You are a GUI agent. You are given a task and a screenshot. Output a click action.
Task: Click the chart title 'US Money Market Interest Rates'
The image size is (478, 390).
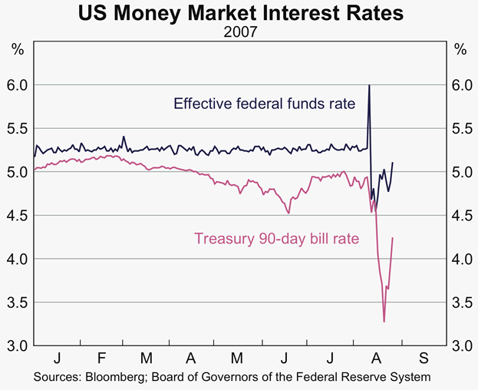pos(239,14)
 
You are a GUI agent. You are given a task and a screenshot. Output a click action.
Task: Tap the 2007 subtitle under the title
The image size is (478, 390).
pos(239,33)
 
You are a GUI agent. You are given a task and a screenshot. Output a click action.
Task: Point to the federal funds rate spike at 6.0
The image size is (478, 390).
pos(369,85)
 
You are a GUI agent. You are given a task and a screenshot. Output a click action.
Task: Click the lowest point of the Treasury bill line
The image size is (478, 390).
pos(384,322)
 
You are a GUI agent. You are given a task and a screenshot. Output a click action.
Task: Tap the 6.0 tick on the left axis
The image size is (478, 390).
pos(18,85)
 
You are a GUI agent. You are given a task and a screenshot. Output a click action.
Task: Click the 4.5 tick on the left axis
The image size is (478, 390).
pos(18,216)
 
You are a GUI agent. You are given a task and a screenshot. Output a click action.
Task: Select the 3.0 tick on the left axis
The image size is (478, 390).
pos(18,346)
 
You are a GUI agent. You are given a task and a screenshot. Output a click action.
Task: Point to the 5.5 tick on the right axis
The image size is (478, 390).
pos(460,129)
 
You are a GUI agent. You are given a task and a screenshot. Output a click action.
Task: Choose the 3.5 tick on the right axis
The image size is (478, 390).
pos(460,302)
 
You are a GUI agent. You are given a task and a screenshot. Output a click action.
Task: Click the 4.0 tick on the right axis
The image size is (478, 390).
pos(460,259)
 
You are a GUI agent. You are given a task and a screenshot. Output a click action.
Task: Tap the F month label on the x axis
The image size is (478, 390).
pos(101,359)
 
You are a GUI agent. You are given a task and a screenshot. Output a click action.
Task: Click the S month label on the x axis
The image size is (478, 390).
pos(424,359)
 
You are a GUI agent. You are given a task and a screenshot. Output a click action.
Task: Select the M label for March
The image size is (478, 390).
pos(147,359)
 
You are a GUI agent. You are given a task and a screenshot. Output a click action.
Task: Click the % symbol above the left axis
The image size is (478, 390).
pos(18,50)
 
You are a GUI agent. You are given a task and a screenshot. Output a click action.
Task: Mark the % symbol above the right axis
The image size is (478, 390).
pos(460,50)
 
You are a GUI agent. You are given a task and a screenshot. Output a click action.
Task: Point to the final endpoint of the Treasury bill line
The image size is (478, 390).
pos(393,238)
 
